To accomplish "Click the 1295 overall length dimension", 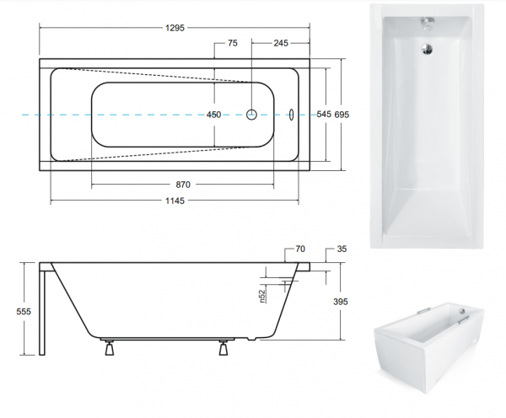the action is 175,28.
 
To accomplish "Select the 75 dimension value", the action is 233,43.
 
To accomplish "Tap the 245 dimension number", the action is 281,43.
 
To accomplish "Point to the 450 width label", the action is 213,115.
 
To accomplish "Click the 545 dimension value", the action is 324,114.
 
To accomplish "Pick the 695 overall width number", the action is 342,115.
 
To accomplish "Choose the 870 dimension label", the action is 183,185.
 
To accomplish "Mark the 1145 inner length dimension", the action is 175,201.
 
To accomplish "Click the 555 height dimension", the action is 24,312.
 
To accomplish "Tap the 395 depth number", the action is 341,302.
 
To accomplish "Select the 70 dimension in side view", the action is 300,249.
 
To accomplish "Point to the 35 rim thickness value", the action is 342,249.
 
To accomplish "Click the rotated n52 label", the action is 262,297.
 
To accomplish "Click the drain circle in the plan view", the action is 251,115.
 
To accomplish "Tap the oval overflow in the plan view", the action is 292,115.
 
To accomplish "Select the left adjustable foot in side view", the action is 110,348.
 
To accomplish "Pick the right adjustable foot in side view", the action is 223,348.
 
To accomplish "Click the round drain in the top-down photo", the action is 428,50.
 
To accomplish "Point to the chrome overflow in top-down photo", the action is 427,24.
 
